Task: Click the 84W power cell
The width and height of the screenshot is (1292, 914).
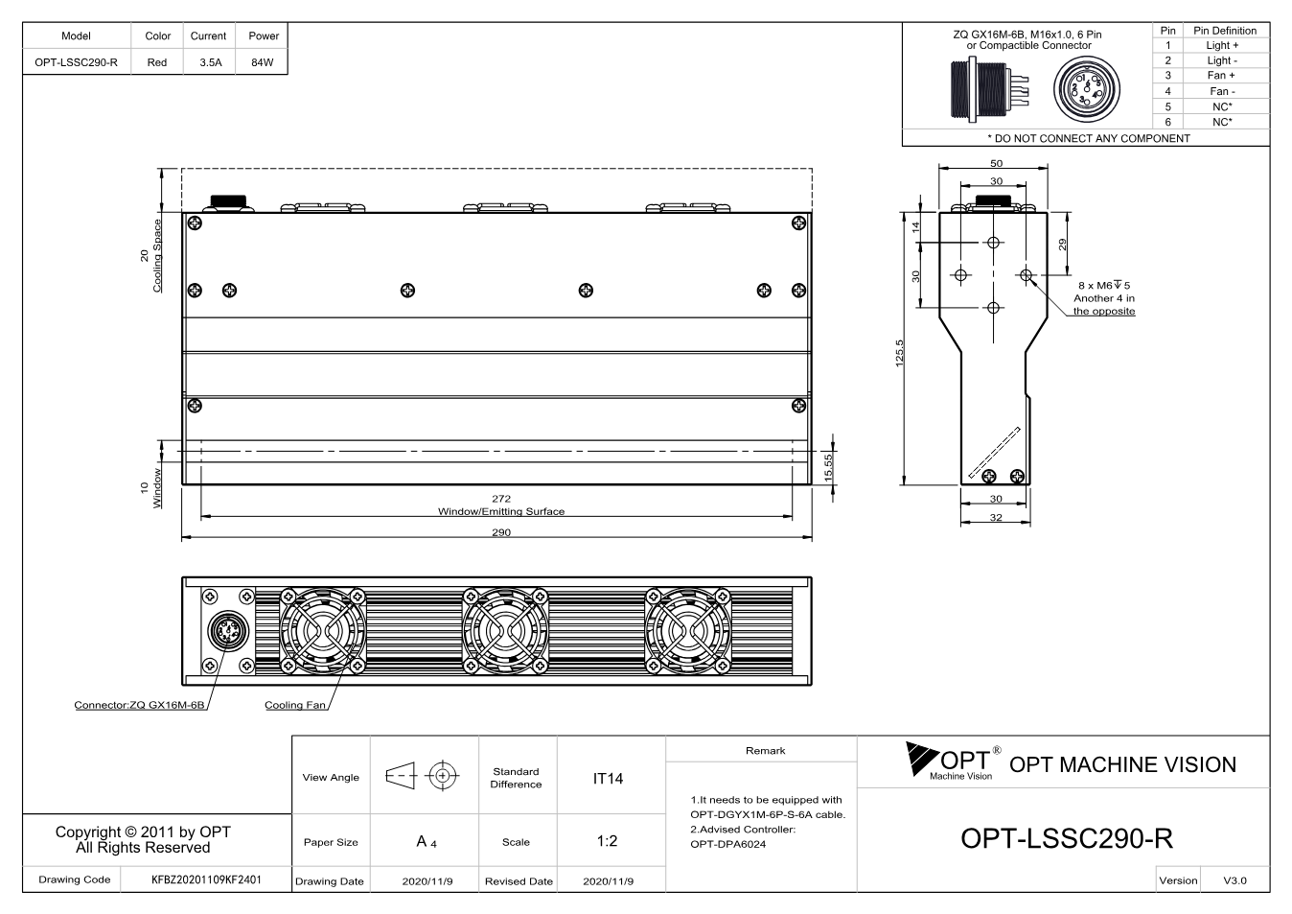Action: click(x=263, y=62)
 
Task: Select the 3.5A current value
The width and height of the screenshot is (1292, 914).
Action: click(x=211, y=62)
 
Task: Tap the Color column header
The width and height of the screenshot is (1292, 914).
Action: click(x=157, y=35)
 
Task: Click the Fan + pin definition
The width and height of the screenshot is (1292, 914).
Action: click(x=1221, y=76)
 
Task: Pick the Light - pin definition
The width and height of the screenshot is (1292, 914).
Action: click(x=1222, y=60)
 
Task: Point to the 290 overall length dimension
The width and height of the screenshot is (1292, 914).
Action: click(x=501, y=532)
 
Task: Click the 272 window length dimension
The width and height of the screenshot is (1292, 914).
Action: click(x=501, y=499)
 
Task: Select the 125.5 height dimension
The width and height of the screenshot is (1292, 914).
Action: click(x=899, y=353)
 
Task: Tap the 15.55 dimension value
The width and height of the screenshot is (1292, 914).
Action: click(x=828, y=468)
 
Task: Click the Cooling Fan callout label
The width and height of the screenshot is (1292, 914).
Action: click(x=295, y=705)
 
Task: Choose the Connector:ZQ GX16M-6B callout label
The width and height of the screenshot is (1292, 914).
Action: click(x=140, y=705)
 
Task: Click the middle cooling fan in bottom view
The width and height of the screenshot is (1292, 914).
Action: click(x=505, y=631)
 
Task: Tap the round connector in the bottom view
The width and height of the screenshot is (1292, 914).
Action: click(x=227, y=632)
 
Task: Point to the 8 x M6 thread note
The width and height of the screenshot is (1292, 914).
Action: click(x=1104, y=286)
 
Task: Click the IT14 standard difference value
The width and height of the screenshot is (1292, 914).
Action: click(x=608, y=779)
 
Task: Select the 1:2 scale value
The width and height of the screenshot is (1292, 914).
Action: click(x=607, y=841)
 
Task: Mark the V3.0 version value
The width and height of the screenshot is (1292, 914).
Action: click(x=1234, y=880)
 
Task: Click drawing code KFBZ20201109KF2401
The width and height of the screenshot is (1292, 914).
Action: click(x=206, y=879)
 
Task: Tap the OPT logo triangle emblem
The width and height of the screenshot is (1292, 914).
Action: click(x=920, y=758)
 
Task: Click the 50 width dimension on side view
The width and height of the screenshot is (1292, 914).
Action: click(x=996, y=163)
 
